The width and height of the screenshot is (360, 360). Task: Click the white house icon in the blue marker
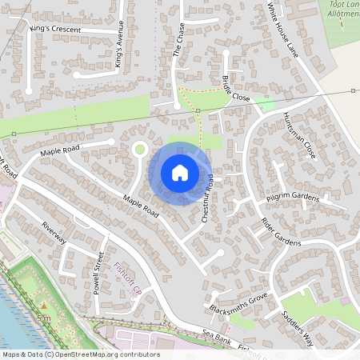click(x=180, y=172)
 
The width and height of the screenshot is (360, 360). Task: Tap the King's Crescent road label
click(x=54, y=29)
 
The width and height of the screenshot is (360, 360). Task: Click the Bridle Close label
click(x=236, y=88)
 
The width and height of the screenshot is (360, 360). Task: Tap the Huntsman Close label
click(x=298, y=133)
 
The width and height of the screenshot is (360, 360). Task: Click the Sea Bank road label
click(x=217, y=340)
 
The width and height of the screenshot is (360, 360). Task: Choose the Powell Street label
click(x=98, y=272)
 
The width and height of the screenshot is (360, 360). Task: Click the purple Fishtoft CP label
click(x=127, y=277)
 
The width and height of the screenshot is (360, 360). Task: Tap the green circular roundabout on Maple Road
click(x=140, y=148)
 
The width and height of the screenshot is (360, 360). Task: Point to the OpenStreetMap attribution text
click(x=80, y=354)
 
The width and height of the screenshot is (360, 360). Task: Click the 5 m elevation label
click(x=43, y=318)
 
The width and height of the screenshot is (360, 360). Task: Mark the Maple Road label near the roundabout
click(x=61, y=150)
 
